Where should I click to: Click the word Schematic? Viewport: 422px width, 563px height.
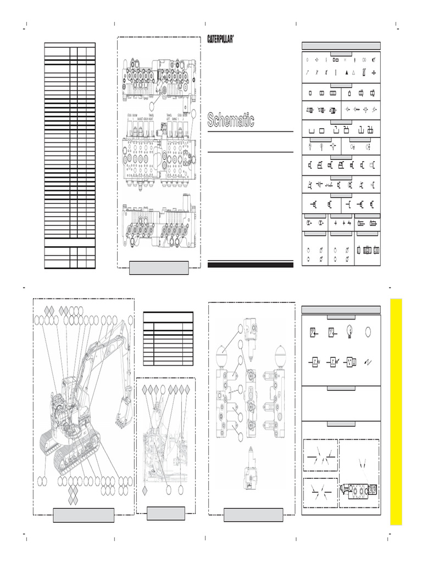[231, 120]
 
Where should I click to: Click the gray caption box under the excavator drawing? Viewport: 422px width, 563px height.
[84, 515]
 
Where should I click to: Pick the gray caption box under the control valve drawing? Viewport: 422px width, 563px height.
[159, 268]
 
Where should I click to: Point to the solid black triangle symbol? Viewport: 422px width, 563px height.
[347, 72]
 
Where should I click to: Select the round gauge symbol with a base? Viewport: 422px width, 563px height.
[348, 331]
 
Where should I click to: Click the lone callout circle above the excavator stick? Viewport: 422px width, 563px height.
[130, 320]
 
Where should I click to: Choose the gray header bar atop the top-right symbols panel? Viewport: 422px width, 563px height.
[341, 46]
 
